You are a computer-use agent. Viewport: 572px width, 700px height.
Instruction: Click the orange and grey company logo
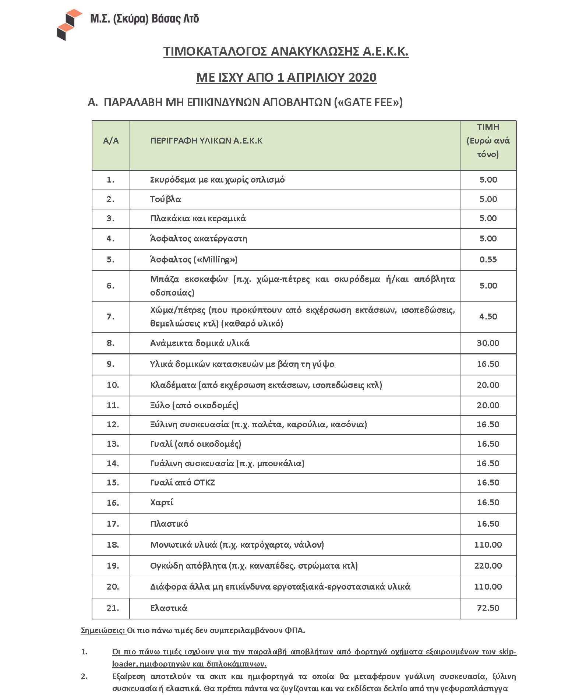click(69, 24)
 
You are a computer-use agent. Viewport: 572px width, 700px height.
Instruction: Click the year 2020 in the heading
click(362, 77)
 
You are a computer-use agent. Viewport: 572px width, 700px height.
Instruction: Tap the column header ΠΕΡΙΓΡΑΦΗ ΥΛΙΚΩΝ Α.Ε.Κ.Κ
click(206, 141)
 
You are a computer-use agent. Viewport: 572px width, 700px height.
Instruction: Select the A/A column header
click(111, 141)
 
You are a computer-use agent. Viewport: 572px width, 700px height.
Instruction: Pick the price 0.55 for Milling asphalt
click(488, 260)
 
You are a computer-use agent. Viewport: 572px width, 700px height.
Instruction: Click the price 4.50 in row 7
click(488, 317)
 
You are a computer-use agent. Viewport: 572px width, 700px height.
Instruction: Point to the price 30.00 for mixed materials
click(488, 343)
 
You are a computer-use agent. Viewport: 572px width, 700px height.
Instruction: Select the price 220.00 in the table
click(488, 566)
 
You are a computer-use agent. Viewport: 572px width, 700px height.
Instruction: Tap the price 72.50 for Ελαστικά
click(488, 608)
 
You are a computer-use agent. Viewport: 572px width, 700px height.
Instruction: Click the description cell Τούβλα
click(166, 199)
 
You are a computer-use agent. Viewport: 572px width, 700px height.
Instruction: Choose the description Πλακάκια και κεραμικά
click(198, 219)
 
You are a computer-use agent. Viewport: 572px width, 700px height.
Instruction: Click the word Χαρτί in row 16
click(162, 503)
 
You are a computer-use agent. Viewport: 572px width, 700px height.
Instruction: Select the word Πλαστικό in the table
click(169, 524)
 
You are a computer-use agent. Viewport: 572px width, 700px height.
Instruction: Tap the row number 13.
click(113, 444)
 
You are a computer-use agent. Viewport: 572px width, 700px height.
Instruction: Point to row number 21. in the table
click(113, 608)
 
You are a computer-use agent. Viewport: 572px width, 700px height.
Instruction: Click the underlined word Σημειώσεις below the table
click(103, 630)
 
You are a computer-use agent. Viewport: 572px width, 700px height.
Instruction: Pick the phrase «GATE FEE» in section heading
click(368, 102)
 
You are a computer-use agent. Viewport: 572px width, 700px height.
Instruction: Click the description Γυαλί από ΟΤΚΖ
click(183, 482)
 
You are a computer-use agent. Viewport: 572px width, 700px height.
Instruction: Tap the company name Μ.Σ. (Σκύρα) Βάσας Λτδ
click(145, 18)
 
